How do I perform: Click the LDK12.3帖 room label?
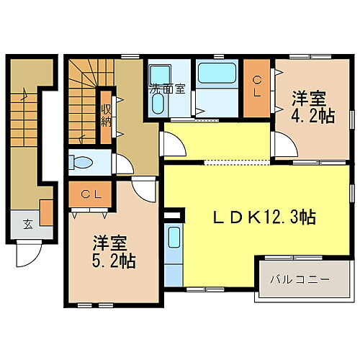[x=265, y=217]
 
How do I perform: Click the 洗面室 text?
[x=167, y=90]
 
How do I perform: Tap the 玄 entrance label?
[x=27, y=224]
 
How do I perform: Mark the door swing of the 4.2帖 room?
[x=285, y=147]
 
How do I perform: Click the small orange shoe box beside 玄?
[x=45, y=214]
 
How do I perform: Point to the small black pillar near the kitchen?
[x=171, y=215]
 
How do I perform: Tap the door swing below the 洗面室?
[x=171, y=143]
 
